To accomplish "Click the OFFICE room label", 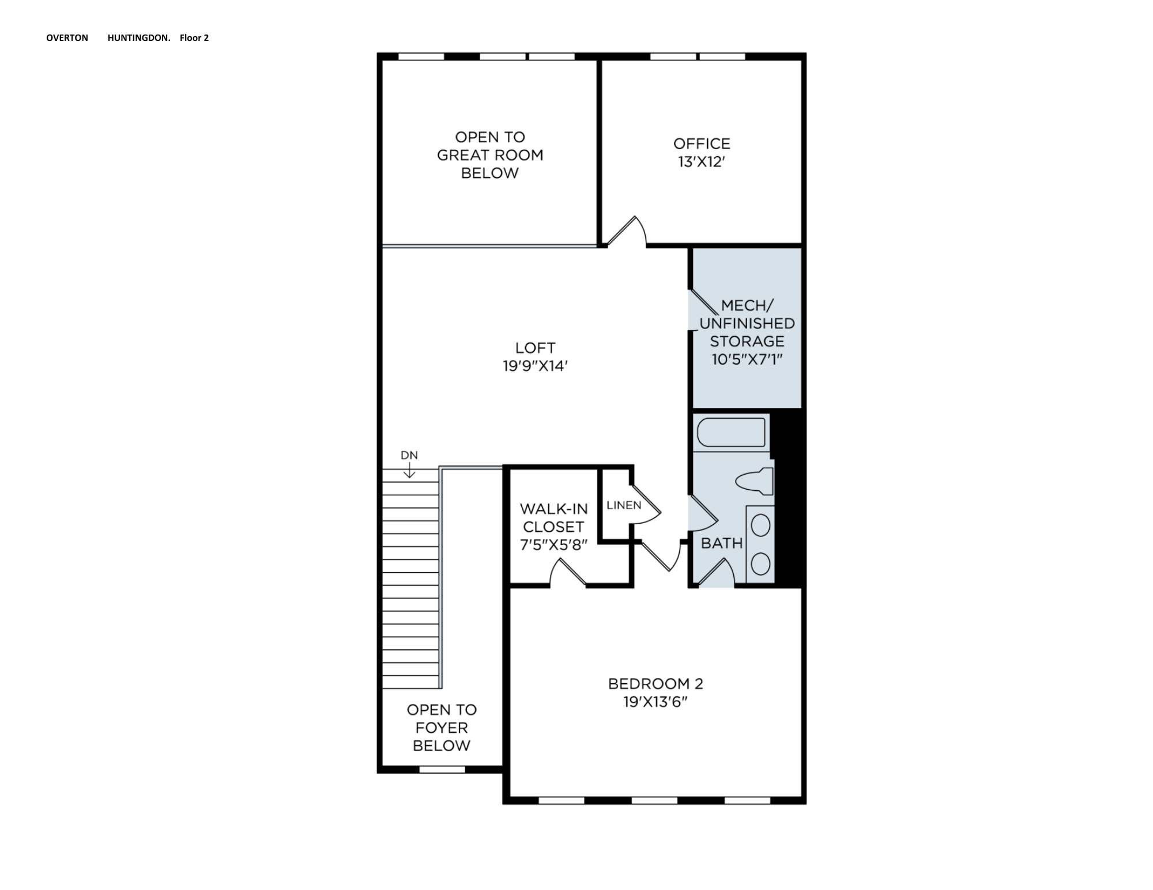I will click(x=701, y=143).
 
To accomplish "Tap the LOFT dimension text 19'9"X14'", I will click(x=536, y=366).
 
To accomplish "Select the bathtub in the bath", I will click(x=731, y=432).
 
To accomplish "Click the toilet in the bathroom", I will click(x=755, y=481).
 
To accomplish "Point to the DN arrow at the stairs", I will click(x=409, y=471).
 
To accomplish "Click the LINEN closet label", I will click(x=623, y=505).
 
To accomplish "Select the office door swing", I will click(x=626, y=232).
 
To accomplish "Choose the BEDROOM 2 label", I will click(x=655, y=684).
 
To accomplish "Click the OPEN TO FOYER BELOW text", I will click(x=442, y=728).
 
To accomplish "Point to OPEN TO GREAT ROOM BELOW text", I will click(x=490, y=155).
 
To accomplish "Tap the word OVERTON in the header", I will click(x=67, y=38).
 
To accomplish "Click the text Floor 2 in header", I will click(x=194, y=38).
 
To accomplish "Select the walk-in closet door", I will click(x=568, y=574).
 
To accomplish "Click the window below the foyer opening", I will click(x=442, y=769).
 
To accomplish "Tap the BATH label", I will click(x=721, y=543).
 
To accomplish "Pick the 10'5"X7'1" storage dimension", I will click(x=747, y=359).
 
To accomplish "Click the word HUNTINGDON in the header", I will click(x=138, y=38).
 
